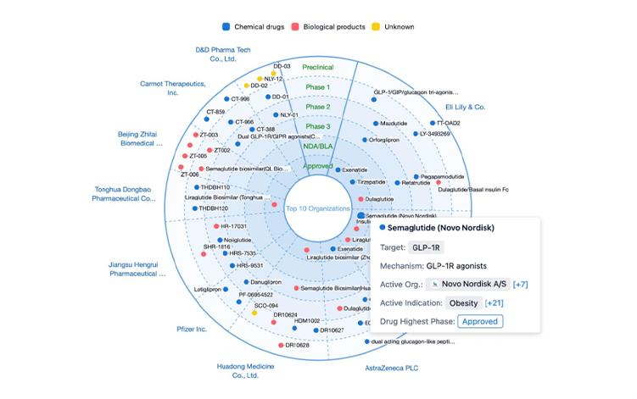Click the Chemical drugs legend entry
[251, 27]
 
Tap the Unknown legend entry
[399, 27]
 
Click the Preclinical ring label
[318, 67]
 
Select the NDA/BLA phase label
[318, 146]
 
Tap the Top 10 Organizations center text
[318, 208]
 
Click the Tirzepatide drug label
[371, 182]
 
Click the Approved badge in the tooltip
[480, 321]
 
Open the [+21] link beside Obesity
[495, 302]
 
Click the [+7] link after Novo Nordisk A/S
[521, 284]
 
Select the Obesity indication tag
[462, 302]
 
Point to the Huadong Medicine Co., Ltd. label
[244, 370]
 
